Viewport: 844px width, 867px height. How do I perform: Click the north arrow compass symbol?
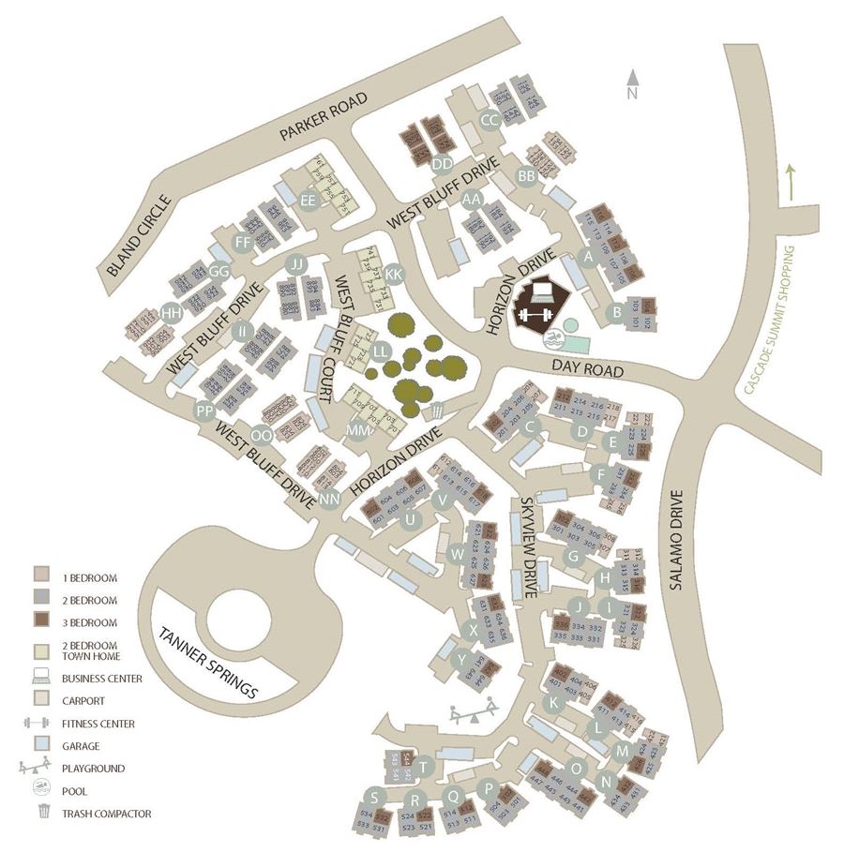click(x=633, y=84)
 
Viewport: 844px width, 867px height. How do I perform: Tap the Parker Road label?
click(x=324, y=117)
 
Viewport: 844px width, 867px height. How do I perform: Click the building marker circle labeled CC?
click(x=490, y=120)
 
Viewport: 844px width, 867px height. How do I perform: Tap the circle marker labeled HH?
click(x=172, y=314)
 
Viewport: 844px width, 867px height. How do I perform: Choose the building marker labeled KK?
click(x=394, y=275)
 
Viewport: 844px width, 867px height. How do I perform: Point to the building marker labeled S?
click(x=375, y=798)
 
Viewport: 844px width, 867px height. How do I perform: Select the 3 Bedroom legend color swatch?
click(x=42, y=621)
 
